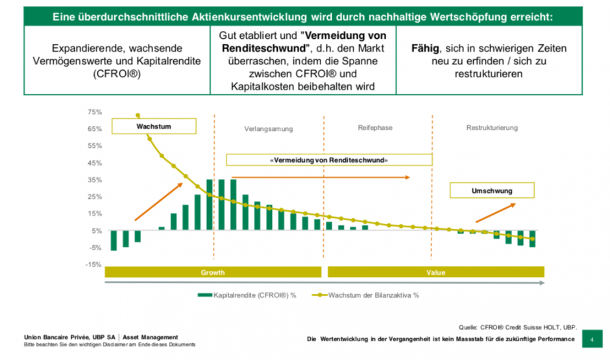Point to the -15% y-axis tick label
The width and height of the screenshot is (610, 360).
(93, 265)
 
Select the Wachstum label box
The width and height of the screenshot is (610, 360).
(154, 126)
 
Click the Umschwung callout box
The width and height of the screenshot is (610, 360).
(492, 191)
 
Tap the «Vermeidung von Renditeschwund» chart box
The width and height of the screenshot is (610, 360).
(328, 160)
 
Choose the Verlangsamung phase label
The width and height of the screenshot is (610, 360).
(268, 128)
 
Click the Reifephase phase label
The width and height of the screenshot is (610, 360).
(375, 128)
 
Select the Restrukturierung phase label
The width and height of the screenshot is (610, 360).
(492, 128)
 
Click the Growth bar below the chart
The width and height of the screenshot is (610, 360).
(213, 272)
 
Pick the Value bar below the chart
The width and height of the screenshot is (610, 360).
(435, 272)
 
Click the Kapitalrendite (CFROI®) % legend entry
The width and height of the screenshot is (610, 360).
(247, 295)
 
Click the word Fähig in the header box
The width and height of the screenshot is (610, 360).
(426, 48)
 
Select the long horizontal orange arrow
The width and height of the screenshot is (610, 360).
(321, 176)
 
